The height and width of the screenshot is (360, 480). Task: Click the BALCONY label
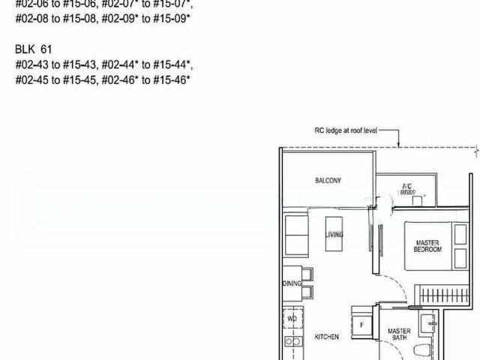click(328, 181)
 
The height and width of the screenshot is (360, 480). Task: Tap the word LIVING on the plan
click(334, 235)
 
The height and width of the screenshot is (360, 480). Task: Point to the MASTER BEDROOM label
click(427, 246)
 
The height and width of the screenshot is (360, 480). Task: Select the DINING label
click(292, 283)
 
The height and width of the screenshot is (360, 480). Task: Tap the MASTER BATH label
click(399, 334)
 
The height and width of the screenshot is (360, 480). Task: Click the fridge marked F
click(362, 325)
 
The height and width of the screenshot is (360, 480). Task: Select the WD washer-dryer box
click(292, 319)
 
